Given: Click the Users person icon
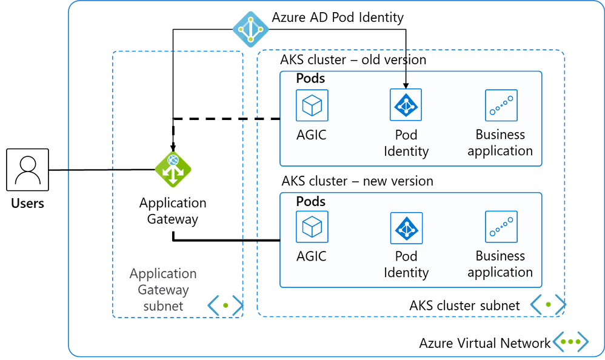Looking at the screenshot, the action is (27, 170).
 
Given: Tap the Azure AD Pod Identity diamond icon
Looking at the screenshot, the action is (251, 29).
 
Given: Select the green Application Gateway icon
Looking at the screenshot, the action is (173, 169).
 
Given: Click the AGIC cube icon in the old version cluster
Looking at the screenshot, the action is (312, 105).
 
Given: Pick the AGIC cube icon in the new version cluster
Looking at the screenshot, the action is (312, 227).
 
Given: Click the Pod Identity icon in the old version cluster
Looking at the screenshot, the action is (406, 105).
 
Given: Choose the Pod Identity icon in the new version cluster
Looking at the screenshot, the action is (406, 228).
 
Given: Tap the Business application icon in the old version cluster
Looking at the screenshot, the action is (501, 105).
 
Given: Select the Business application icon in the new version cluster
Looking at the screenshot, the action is (501, 227).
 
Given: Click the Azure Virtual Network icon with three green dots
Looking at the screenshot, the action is (570, 341).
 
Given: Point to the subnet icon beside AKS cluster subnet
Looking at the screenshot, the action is (548, 304).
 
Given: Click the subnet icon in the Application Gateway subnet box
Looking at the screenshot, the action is (226, 305).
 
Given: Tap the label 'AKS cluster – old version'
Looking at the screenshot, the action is (353, 60).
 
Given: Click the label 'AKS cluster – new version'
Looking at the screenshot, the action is (357, 181).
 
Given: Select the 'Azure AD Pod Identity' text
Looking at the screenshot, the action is (338, 18).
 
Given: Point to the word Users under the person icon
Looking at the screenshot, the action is (27, 204).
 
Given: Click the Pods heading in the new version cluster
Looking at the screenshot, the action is (310, 201).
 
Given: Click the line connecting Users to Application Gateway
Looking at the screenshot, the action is (102, 170).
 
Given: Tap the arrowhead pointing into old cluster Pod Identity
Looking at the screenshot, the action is (406, 85).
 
